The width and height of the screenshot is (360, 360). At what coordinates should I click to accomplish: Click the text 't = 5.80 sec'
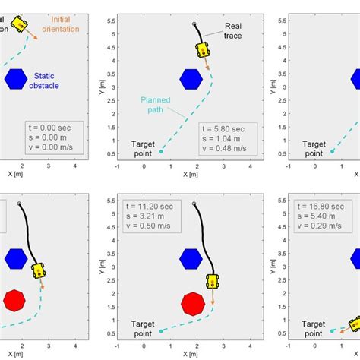(223, 129)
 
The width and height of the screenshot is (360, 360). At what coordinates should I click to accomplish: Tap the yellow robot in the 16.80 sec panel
(354, 324)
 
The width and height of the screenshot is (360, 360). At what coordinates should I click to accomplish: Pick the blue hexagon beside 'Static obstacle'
(16, 79)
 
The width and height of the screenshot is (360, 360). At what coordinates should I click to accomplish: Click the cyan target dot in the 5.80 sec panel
(161, 152)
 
